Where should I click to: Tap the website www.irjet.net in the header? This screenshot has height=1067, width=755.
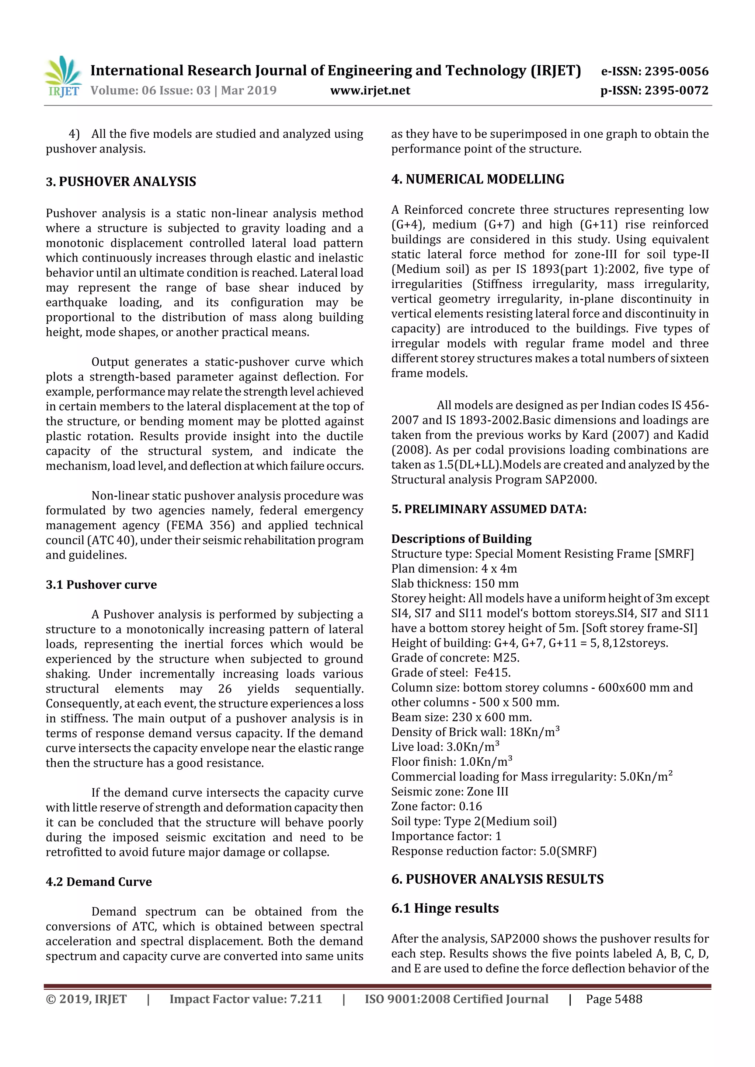coord(370,90)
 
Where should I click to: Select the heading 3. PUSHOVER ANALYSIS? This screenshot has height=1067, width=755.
coord(121,181)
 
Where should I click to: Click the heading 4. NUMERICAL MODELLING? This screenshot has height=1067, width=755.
coord(477,179)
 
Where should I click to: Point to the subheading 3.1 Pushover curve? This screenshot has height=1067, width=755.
coord(101,584)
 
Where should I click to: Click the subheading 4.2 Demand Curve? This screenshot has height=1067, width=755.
coord(99,882)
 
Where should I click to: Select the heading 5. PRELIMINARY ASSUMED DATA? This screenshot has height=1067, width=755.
coord(488,509)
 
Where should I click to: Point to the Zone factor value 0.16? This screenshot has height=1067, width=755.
coord(470,806)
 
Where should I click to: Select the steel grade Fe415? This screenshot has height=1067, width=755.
coord(492,673)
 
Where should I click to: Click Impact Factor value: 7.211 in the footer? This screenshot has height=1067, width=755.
coord(246,999)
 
